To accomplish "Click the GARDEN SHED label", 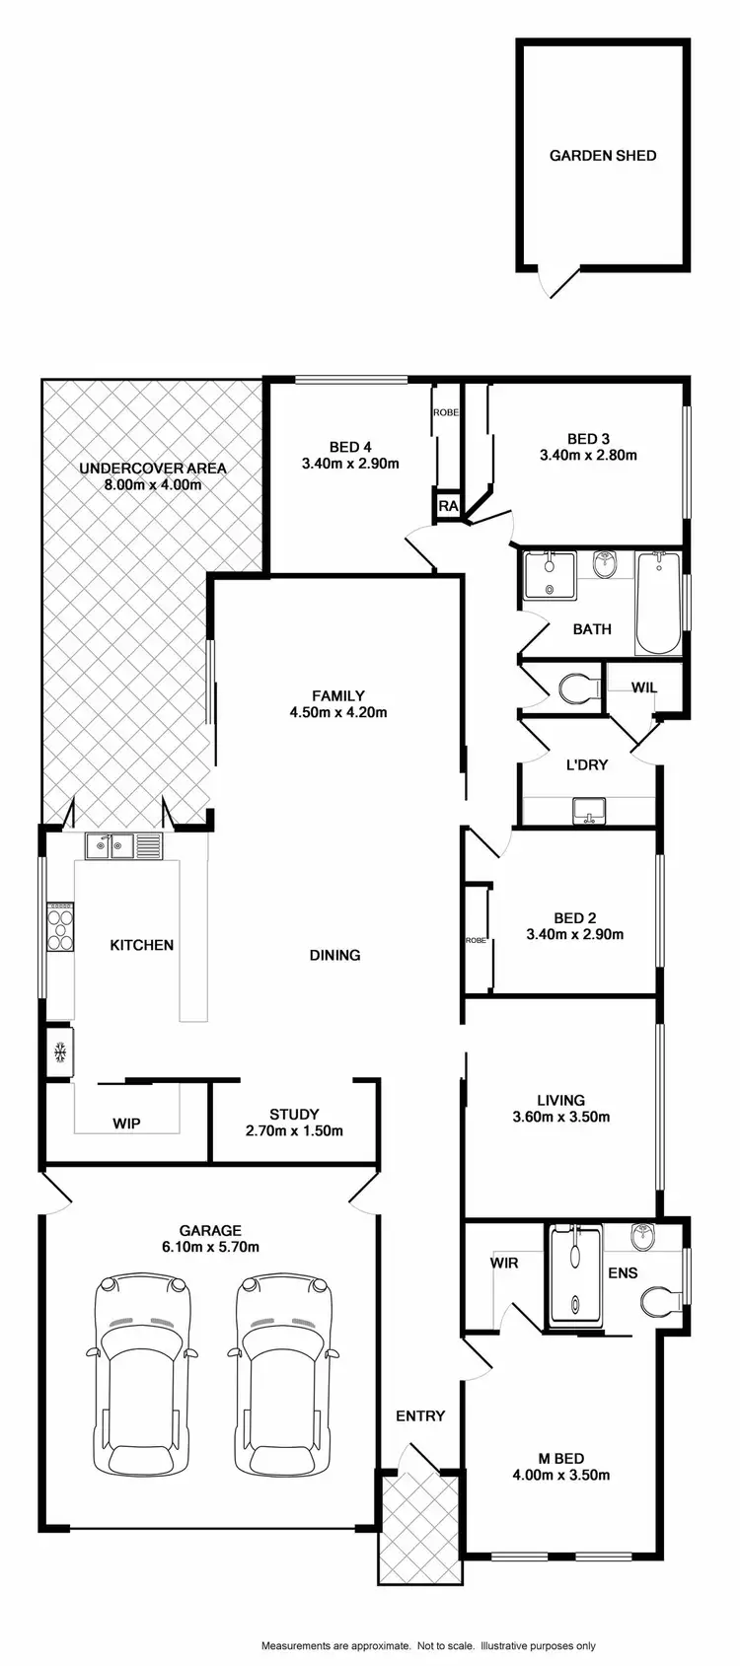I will pyautogui.click(x=602, y=156).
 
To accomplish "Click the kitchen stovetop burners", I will pyautogui.click(x=60, y=927).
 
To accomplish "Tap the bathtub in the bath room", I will pyautogui.click(x=658, y=604).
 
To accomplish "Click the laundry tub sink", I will pyautogui.click(x=588, y=810).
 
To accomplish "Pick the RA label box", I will pyautogui.click(x=449, y=507).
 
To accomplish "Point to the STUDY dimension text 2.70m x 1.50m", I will pyautogui.click(x=294, y=1131).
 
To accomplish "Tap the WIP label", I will pyautogui.click(x=126, y=1123).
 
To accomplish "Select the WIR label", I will pyautogui.click(x=503, y=1263).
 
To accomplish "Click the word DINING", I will pyautogui.click(x=335, y=955).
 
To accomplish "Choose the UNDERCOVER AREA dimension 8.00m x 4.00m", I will pyautogui.click(x=153, y=484).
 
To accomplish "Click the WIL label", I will pyautogui.click(x=644, y=688).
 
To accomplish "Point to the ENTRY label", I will pyautogui.click(x=420, y=1416).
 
